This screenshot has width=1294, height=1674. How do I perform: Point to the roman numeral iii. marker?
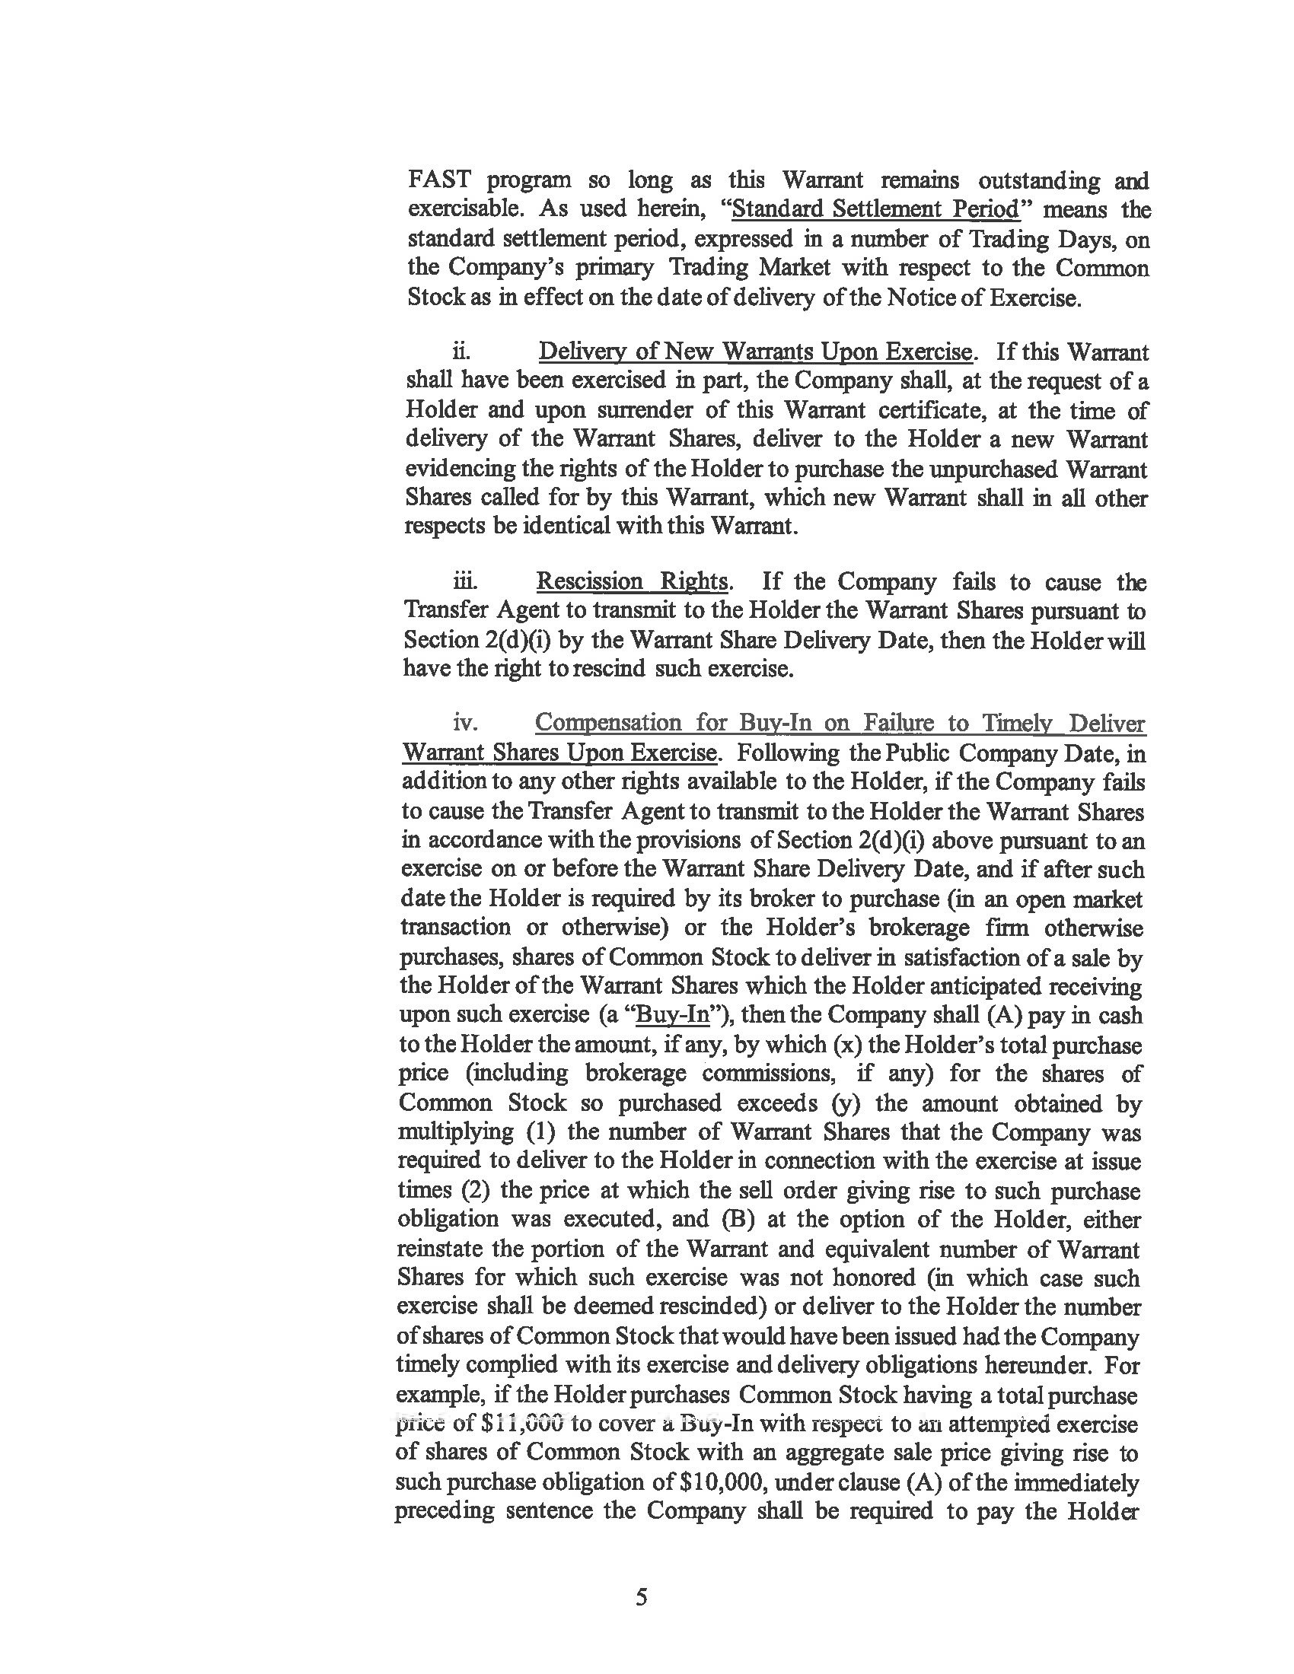point(464,582)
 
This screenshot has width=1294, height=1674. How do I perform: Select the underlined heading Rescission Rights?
point(632,582)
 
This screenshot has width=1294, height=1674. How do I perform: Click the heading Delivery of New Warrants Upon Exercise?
point(756,352)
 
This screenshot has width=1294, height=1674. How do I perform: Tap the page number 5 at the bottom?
point(642,1597)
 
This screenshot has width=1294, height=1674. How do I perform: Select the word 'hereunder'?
point(1033,1365)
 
